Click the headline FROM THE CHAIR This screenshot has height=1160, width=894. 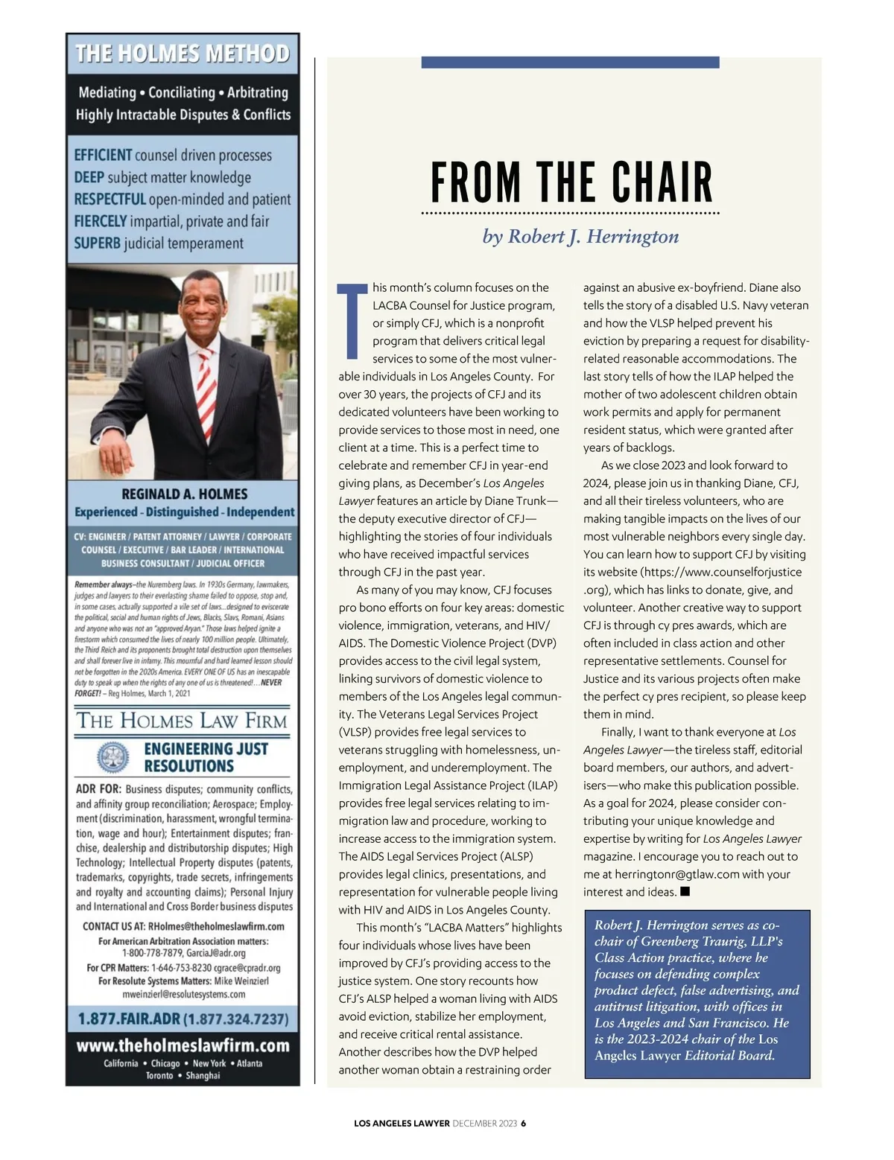point(571,182)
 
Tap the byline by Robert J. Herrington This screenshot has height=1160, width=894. point(580,237)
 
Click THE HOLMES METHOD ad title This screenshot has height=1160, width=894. point(183,54)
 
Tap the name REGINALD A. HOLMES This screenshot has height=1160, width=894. point(185,494)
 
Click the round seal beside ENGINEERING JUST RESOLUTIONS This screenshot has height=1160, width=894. point(113,757)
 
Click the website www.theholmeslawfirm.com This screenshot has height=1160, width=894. point(183,1045)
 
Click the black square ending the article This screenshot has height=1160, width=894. point(685,891)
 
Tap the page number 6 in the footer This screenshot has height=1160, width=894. point(523,1124)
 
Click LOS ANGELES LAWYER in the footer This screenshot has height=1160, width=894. point(402,1124)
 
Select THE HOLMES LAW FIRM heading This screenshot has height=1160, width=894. point(183,721)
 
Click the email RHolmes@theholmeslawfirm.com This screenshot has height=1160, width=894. point(216,927)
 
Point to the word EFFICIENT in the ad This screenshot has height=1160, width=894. point(103,156)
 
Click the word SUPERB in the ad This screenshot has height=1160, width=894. point(97,243)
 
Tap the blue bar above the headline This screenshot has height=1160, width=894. point(570,63)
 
